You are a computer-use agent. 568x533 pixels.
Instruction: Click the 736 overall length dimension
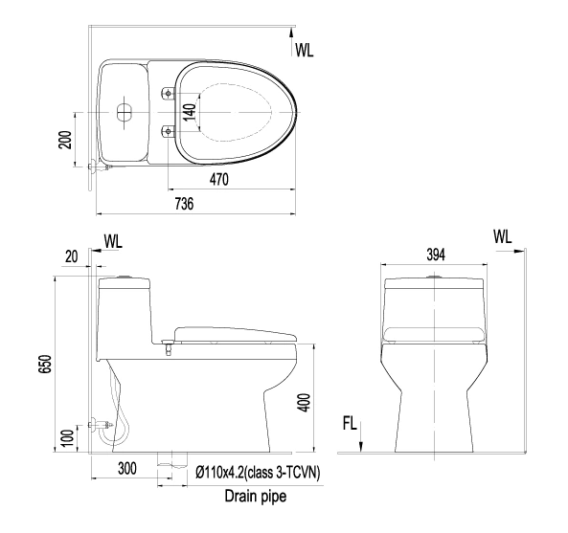pos(184,204)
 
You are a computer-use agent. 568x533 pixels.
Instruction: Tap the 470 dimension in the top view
pos(218,179)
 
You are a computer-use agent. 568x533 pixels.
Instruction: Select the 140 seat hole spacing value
pos(190,112)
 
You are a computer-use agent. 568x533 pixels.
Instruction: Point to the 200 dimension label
pos(65,140)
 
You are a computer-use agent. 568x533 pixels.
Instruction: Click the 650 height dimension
pos(47,365)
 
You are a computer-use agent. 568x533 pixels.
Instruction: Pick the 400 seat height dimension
pos(304,402)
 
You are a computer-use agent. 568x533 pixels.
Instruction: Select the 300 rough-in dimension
pos(127,468)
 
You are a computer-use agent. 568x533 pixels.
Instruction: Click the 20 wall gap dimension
pos(72,256)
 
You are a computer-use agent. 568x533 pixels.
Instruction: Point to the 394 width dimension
pos(436,255)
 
